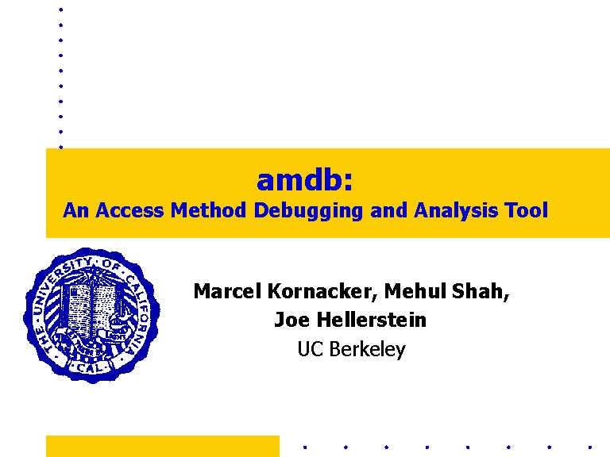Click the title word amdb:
[x=305, y=180]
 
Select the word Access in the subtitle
[x=129, y=210]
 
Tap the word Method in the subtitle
[x=208, y=209]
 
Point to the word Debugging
[x=308, y=211]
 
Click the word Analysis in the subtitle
[x=456, y=211]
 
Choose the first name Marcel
[x=227, y=291]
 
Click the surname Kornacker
[x=322, y=291]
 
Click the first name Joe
[x=291, y=320]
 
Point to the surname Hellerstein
[x=372, y=320]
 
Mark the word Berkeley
[x=367, y=350]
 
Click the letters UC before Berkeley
[x=311, y=348]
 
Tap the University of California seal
[x=92, y=315]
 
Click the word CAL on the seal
[x=91, y=367]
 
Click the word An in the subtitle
[x=75, y=210]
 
